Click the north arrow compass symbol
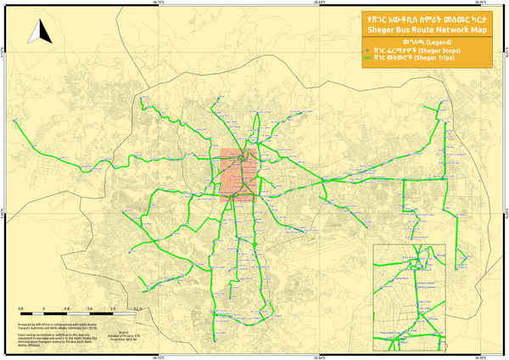[36, 33]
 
